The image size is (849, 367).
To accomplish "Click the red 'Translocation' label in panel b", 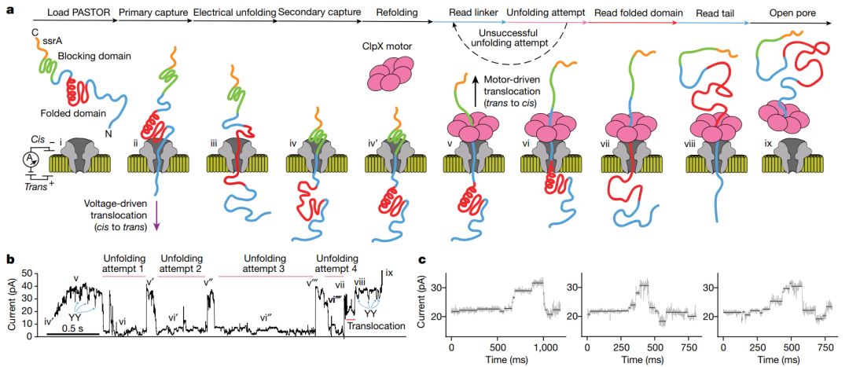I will (373, 325).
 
